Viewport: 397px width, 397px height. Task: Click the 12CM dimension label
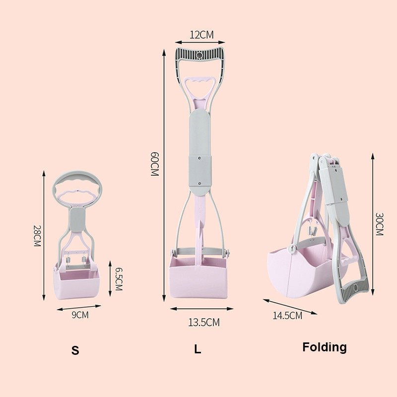201,35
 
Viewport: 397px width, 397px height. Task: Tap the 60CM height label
154,164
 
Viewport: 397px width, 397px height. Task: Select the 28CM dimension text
37,236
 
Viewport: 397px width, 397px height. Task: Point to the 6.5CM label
119,279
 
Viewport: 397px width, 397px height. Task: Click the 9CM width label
80,315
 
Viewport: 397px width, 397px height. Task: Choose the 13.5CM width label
204,322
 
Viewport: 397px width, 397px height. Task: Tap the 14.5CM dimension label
287,316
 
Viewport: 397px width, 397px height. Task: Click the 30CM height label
379,224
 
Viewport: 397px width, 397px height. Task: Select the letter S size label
75,350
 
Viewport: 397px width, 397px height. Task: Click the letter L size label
198,349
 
